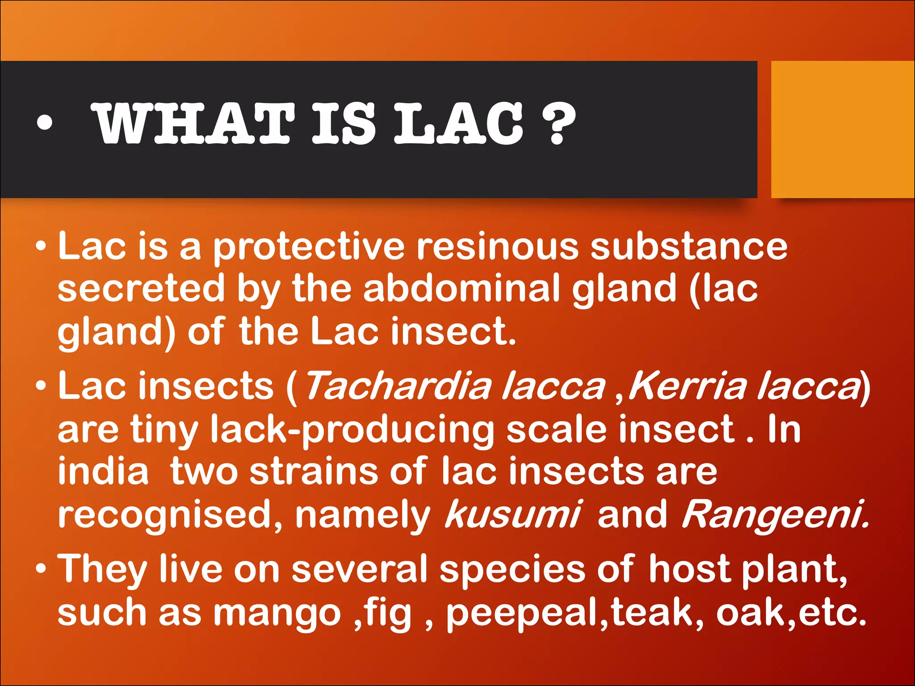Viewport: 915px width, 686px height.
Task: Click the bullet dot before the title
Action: click(x=45, y=123)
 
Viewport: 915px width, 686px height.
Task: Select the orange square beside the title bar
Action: click(x=843, y=130)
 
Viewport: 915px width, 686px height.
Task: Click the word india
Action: click(x=103, y=472)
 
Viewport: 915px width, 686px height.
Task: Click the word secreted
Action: click(x=141, y=289)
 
